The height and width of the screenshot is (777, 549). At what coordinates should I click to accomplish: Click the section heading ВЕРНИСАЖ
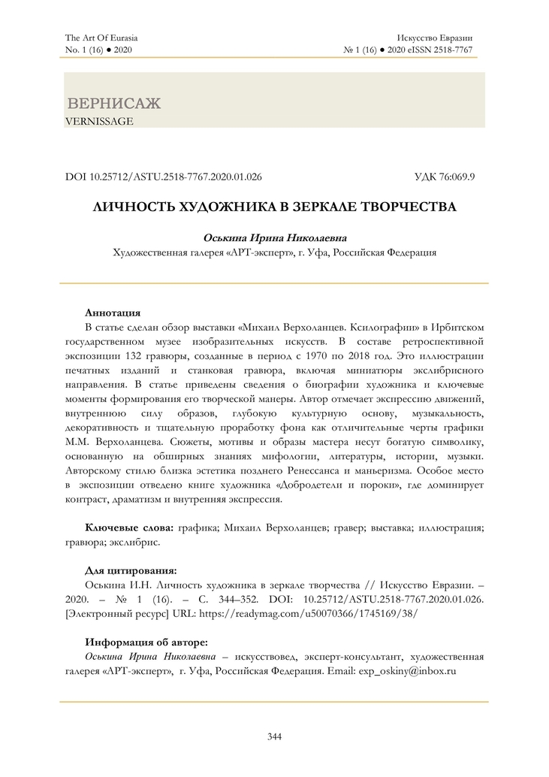[x=114, y=104]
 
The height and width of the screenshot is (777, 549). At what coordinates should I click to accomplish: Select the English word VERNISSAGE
[x=99, y=120]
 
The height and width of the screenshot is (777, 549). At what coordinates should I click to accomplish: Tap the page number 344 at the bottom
[x=274, y=736]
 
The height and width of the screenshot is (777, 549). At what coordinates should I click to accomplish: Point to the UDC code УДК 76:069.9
[x=449, y=177]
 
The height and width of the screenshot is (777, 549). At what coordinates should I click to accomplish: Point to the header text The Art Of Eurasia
[x=102, y=37]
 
